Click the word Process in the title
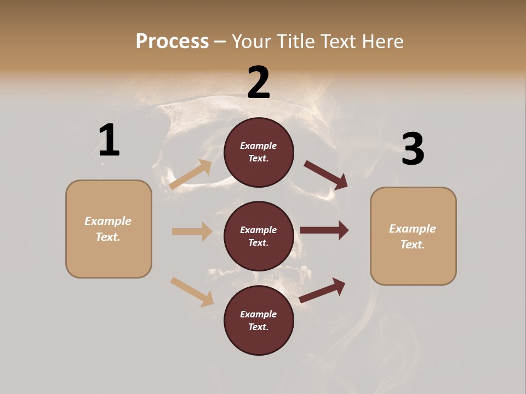[x=172, y=41]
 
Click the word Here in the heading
[x=380, y=41]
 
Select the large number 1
[x=109, y=141]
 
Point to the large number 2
[x=259, y=83]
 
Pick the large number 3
[x=413, y=149]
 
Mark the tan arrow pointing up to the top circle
[x=191, y=175]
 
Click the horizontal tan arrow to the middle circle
[x=192, y=231]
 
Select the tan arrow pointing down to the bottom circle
[x=192, y=292]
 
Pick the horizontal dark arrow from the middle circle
[x=324, y=230]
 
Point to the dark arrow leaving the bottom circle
[x=322, y=291]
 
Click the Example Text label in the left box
[x=108, y=229]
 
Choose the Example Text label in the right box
[x=413, y=236]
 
